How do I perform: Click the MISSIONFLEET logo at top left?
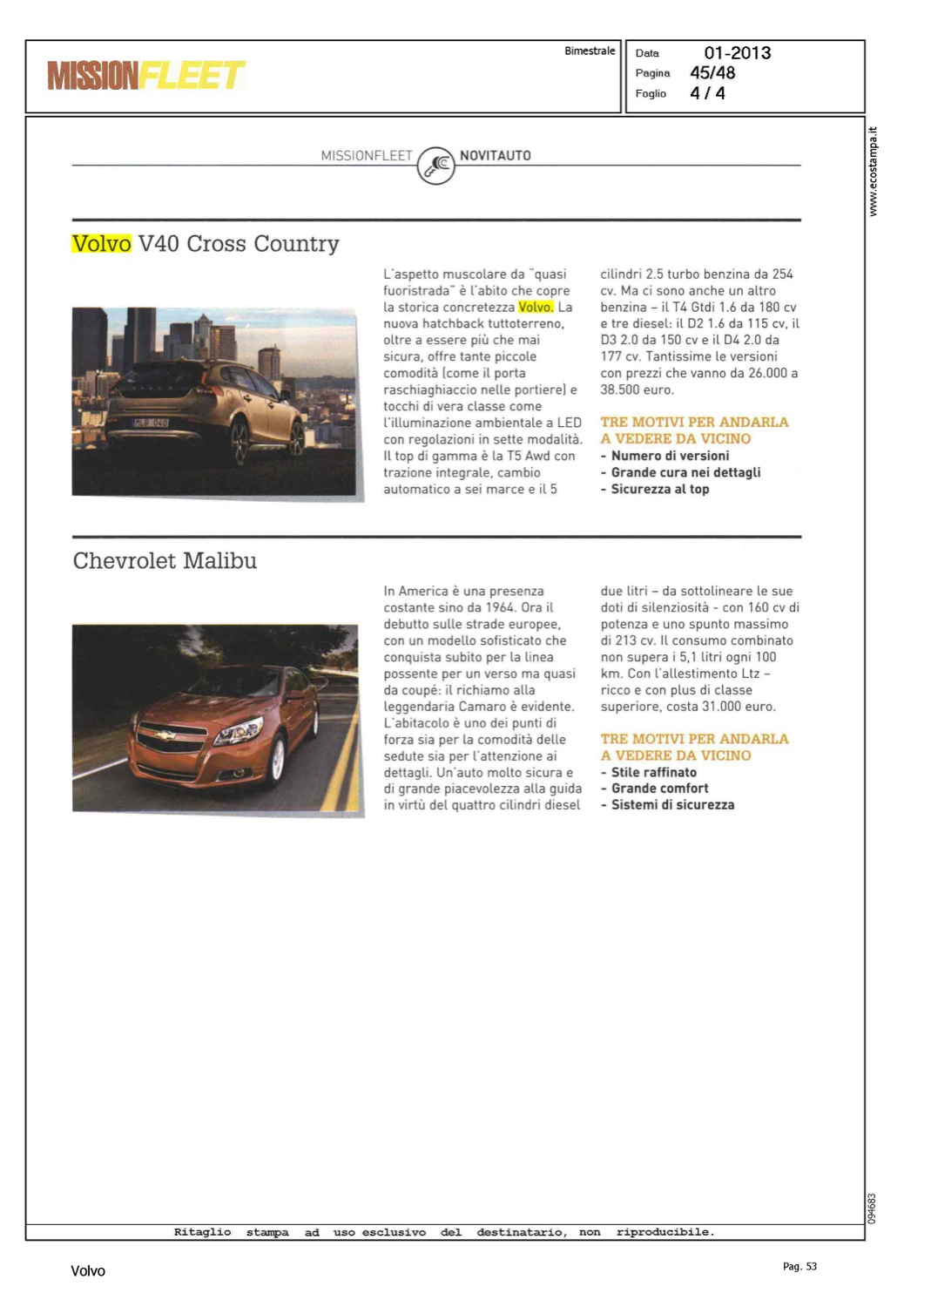pyautogui.click(x=146, y=76)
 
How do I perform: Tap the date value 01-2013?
pyautogui.click(x=737, y=53)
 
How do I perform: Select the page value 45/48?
pyautogui.click(x=712, y=73)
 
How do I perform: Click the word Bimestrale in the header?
pyautogui.click(x=590, y=51)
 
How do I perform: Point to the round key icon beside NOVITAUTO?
pyautogui.click(x=436, y=166)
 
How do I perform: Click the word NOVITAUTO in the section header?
pyautogui.click(x=495, y=156)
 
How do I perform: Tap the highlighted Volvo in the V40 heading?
pyautogui.click(x=102, y=244)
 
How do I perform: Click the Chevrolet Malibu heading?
pyautogui.click(x=165, y=561)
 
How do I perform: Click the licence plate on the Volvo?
pyautogui.click(x=151, y=423)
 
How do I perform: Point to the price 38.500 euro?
pyautogui.click(x=637, y=390)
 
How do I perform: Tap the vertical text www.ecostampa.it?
pyautogui.click(x=874, y=172)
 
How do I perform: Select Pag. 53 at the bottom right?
pyautogui.click(x=799, y=1267)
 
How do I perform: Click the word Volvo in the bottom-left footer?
pyautogui.click(x=88, y=1271)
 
